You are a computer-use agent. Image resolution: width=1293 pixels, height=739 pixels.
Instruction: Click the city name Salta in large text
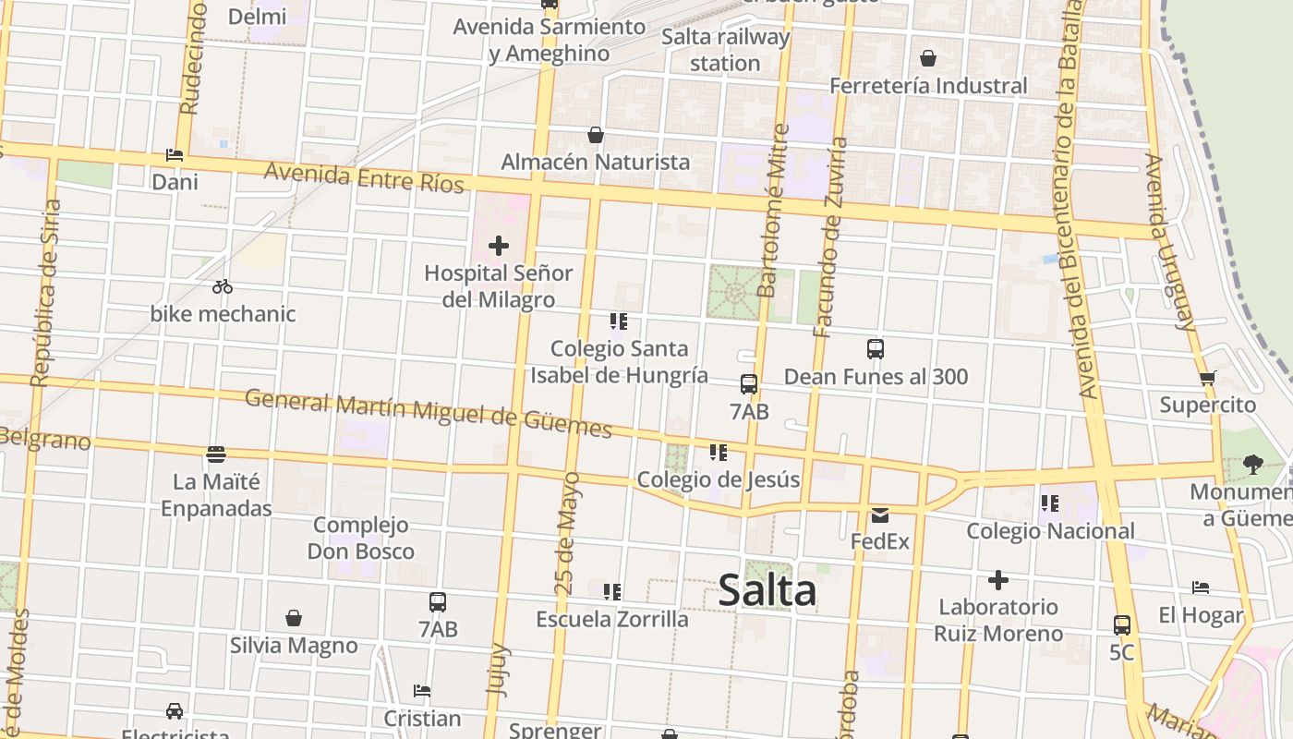(x=767, y=591)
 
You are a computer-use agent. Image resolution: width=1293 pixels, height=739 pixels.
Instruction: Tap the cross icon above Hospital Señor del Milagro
(x=499, y=246)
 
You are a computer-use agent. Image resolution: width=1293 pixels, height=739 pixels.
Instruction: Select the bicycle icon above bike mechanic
(x=223, y=286)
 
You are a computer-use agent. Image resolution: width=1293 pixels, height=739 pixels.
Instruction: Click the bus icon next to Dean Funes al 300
(x=876, y=349)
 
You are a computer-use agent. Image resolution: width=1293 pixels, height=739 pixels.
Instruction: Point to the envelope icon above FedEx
(x=880, y=515)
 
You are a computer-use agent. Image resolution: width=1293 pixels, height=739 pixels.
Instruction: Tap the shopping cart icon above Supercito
(x=1207, y=378)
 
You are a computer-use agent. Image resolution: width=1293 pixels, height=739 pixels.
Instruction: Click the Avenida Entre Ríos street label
(x=364, y=176)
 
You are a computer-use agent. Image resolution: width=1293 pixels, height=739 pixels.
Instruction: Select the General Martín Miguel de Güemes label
(x=429, y=414)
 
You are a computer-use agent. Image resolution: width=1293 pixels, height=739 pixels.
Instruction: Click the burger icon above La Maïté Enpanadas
(x=216, y=454)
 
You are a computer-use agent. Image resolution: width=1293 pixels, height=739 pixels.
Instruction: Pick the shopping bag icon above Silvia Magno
(x=294, y=617)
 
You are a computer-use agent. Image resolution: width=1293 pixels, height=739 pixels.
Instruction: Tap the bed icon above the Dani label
(x=175, y=154)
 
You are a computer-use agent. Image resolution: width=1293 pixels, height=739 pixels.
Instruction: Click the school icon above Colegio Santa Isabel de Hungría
(x=619, y=321)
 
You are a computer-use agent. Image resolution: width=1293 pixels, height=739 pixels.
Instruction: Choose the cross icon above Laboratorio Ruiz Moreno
(x=997, y=580)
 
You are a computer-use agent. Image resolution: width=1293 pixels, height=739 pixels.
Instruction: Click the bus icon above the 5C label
(x=1122, y=624)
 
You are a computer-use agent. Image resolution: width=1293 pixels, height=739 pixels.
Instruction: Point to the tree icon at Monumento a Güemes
(x=1252, y=464)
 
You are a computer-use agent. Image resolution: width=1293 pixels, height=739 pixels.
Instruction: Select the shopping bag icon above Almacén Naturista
(x=596, y=135)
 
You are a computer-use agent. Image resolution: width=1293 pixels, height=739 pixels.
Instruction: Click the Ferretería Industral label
(x=928, y=86)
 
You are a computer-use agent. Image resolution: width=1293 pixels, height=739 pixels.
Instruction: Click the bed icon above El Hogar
(x=1201, y=588)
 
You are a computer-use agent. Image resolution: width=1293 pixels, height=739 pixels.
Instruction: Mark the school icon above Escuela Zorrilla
(x=611, y=591)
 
